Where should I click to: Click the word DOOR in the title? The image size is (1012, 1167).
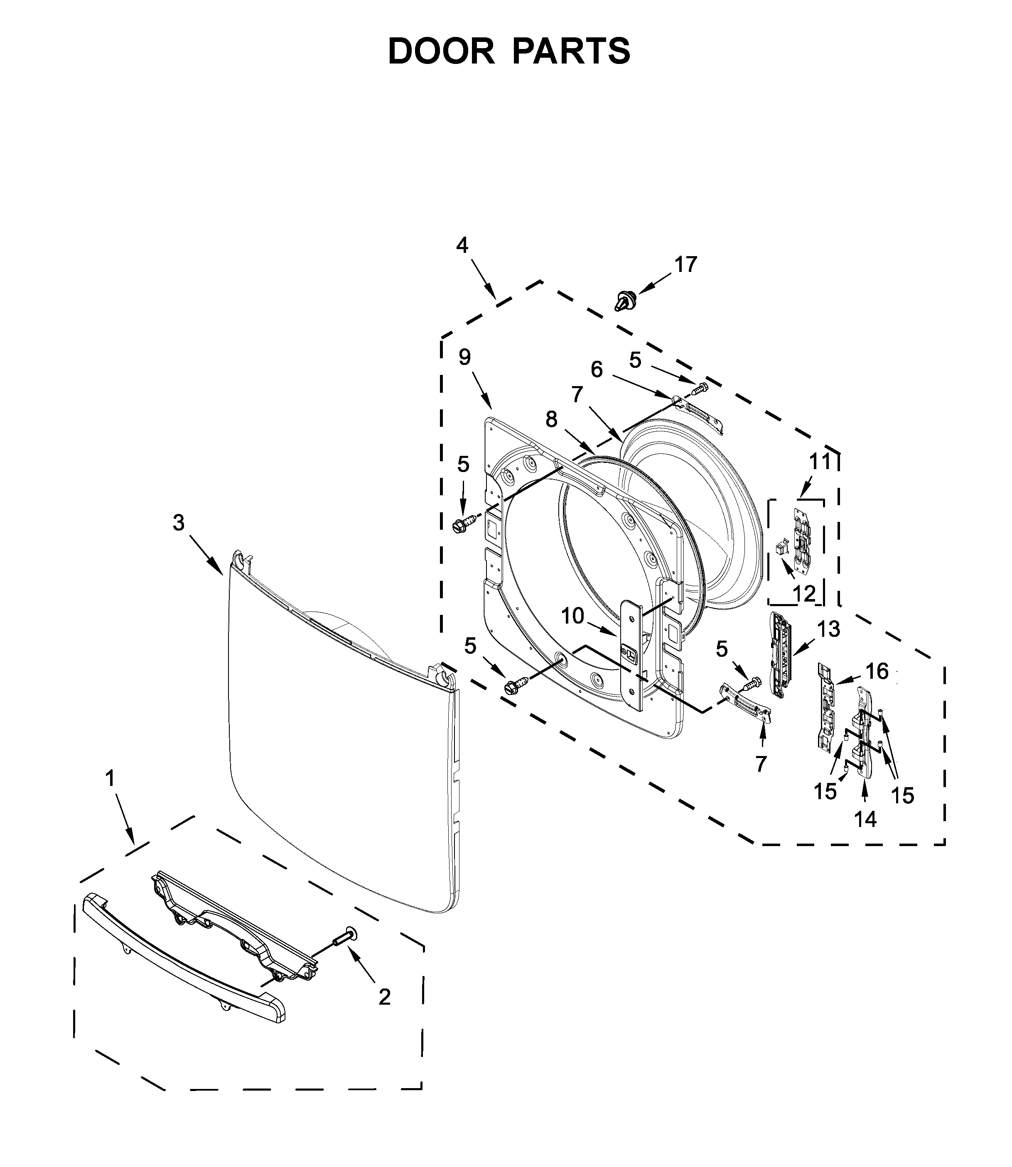pos(441,51)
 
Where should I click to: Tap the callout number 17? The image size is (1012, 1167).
pos(686,265)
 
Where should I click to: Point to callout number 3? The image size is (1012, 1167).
pos(179,523)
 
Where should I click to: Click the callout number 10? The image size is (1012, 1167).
pos(572,616)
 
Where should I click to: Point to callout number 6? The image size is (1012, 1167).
pos(597,369)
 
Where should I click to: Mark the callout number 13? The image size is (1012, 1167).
pos(828,629)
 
